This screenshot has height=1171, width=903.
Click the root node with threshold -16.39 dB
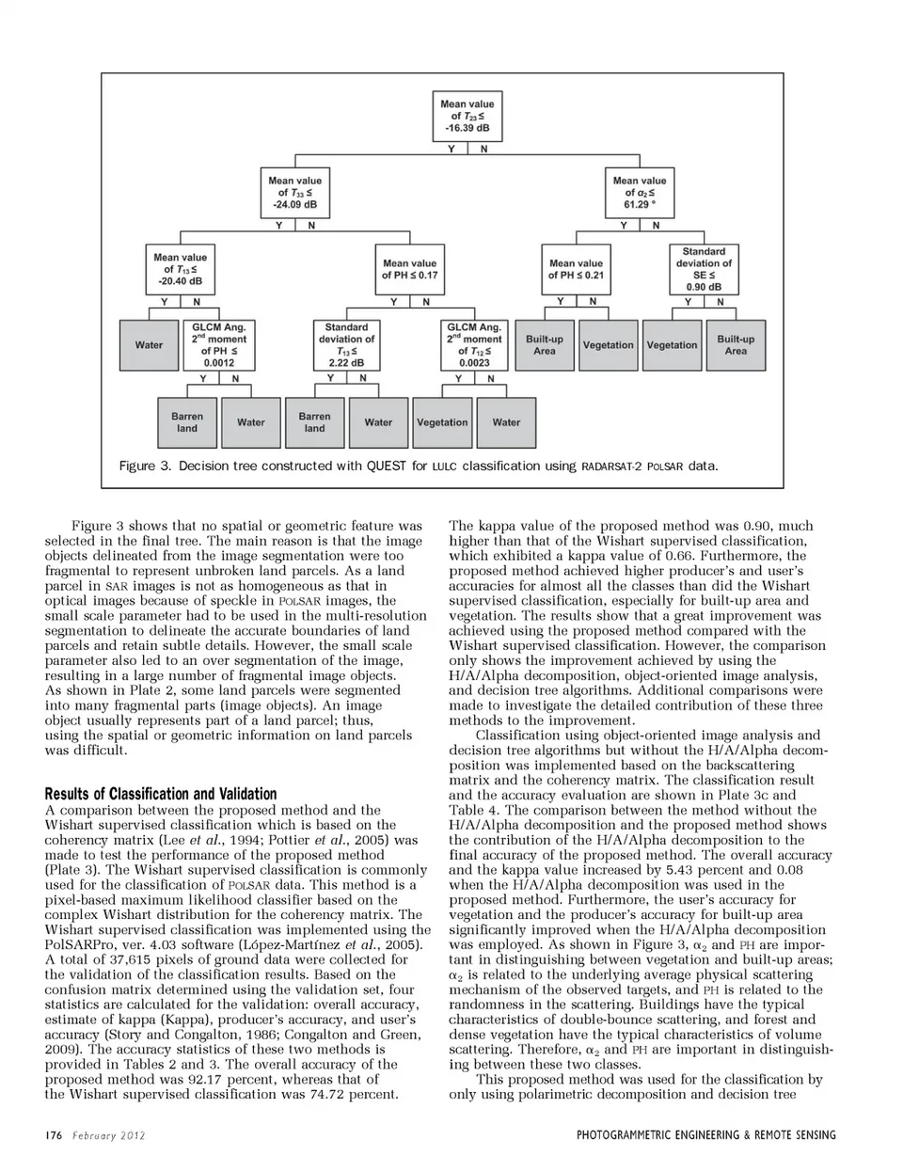pyautogui.click(x=467, y=116)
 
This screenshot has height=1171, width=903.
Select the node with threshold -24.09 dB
pyautogui.click(x=294, y=192)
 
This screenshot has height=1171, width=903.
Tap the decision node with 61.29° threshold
pyautogui.click(x=639, y=192)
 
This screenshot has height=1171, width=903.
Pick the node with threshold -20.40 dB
pyautogui.click(x=180, y=269)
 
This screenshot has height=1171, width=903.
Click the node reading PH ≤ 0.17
pyautogui.click(x=409, y=269)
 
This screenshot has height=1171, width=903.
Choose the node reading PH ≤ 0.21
pyautogui.click(x=576, y=269)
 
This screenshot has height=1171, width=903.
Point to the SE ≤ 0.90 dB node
pyautogui.click(x=704, y=269)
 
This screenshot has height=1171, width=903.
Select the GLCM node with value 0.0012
pyautogui.click(x=219, y=345)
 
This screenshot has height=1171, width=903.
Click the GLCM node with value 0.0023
pyautogui.click(x=474, y=345)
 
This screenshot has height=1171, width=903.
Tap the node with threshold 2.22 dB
pyautogui.click(x=346, y=345)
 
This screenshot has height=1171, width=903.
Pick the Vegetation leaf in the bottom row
pyautogui.click(x=442, y=422)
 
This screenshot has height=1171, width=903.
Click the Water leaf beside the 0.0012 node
pyautogui.click(x=149, y=345)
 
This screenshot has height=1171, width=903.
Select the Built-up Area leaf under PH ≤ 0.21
pyautogui.click(x=544, y=345)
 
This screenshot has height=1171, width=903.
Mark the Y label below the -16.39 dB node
pyautogui.click(x=451, y=150)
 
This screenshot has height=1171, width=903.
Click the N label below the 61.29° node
pyautogui.click(x=656, y=226)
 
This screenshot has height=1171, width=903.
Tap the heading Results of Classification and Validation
pyautogui.click(x=161, y=794)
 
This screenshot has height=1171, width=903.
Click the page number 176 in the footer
pyautogui.click(x=53, y=1135)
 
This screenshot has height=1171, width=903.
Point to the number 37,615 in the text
pyautogui.click(x=111, y=959)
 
